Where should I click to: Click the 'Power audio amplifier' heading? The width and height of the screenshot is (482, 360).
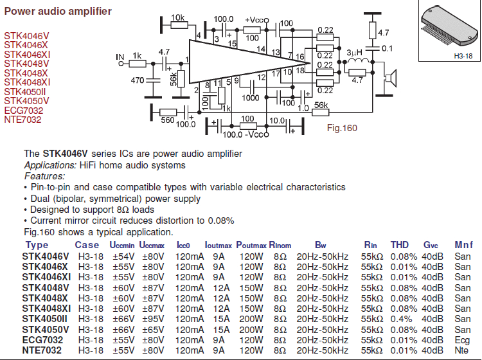(58, 12)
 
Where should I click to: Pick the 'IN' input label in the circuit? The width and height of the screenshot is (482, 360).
(120, 58)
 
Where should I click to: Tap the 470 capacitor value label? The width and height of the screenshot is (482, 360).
(138, 80)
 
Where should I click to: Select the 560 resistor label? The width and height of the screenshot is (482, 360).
(168, 120)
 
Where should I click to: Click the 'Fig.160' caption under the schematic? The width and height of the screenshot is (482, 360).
(342, 128)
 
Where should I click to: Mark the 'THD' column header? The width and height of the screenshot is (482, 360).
(400, 245)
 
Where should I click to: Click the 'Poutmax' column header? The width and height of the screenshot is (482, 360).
(251, 245)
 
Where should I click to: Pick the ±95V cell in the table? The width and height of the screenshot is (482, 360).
(152, 319)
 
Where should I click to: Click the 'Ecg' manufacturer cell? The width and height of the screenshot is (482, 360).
(462, 339)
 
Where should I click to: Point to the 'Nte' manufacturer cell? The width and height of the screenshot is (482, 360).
(462, 350)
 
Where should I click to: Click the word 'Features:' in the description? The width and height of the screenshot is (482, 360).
(44, 176)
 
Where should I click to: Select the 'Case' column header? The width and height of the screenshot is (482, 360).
(87, 245)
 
